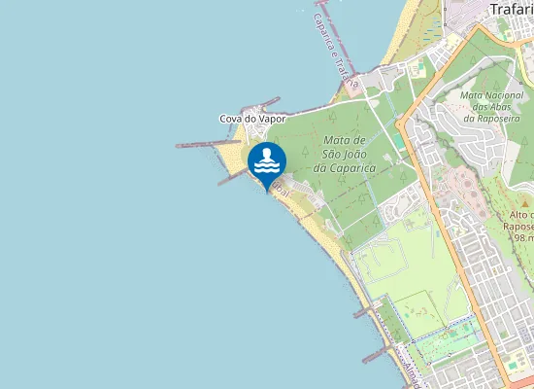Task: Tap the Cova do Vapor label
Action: (252, 119)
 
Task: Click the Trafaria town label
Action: (510, 10)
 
